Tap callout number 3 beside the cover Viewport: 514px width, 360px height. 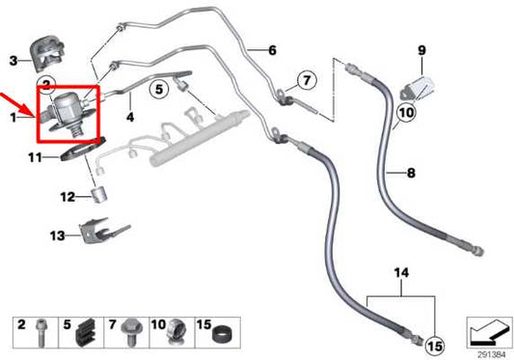click(14, 60)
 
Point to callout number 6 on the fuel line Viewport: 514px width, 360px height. click(272, 49)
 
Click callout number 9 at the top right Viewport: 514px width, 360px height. click(420, 49)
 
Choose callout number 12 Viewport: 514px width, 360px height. click(67, 197)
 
